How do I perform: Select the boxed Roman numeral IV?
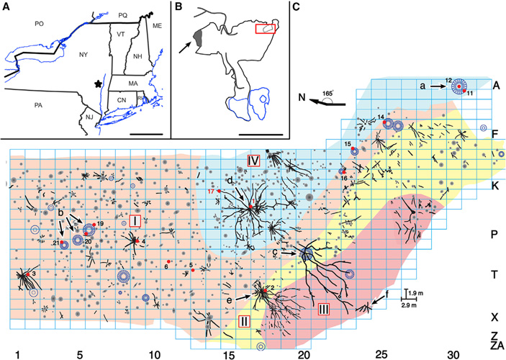pyautogui.click(x=253, y=160)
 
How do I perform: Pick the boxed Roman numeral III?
pyautogui.click(x=323, y=310)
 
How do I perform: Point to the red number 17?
pyautogui.click(x=211, y=192)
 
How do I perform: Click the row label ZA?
pyautogui.click(x=495, y=346)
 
